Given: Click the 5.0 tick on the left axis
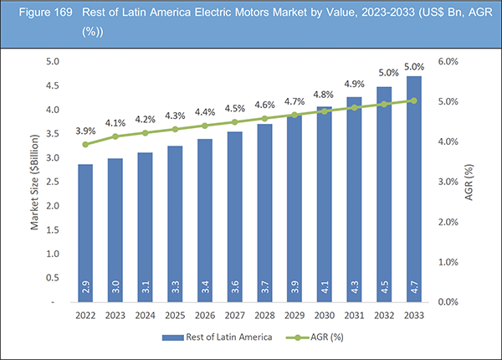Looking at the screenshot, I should click(52, 62).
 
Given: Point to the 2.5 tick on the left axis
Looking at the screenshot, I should click(52, 182).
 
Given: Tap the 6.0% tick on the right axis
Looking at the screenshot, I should click(450, 62).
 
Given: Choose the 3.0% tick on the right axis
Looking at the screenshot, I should click(450, 182).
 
